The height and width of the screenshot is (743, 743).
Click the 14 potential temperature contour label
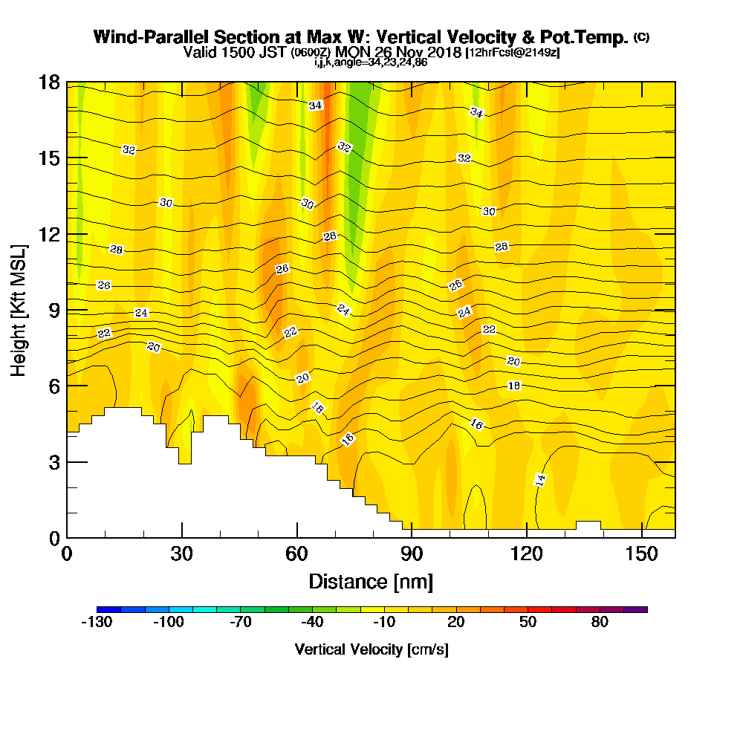(541, 479)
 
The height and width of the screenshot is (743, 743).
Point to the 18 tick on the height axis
(68, 82)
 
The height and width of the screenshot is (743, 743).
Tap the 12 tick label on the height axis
(48, 234)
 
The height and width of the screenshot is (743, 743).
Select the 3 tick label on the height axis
(53, 461)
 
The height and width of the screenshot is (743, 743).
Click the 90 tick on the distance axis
(411, 537)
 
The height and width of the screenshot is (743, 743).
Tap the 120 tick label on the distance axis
(526, 554)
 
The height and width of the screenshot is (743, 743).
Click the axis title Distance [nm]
(371, 581)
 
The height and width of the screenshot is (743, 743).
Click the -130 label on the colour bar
(96, 623)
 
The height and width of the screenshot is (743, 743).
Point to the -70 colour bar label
(240, 623)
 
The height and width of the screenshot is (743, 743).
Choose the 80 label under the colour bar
(600, 623)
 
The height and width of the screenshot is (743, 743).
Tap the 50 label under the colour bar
(528, 623)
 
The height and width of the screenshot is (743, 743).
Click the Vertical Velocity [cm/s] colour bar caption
(371, 649)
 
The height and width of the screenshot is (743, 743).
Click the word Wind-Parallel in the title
(147, 37)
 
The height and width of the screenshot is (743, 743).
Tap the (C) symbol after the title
(641, 36)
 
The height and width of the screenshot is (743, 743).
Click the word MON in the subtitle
(350, 53)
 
